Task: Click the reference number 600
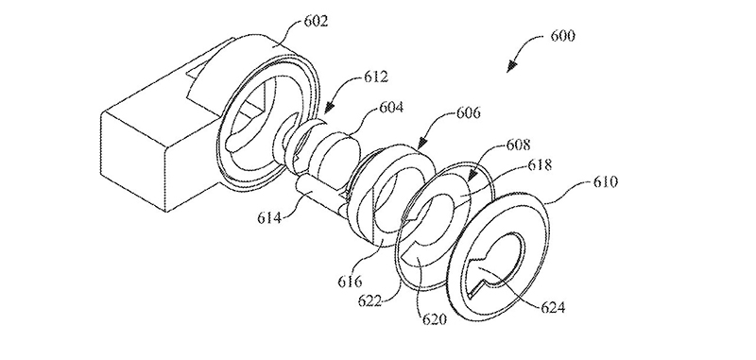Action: click(562, 36)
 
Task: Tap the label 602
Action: click(316, 21)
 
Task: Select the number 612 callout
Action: click(375, 77)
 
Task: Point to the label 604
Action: click(390, 107)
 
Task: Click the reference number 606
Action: click(468, 112)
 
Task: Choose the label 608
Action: click(518, 145)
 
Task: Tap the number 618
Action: click(540, 164)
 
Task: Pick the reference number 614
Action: click(269, 218)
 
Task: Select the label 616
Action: click(350, 281)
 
